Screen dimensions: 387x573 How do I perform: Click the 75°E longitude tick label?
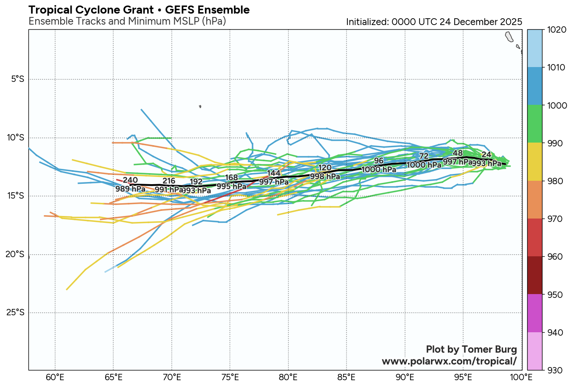(x=230, y=377)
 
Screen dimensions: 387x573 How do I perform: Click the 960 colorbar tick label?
(x=555, y=257)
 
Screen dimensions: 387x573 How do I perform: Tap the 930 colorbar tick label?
(x=555, y=370)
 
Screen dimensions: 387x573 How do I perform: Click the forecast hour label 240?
(x=130, y=180)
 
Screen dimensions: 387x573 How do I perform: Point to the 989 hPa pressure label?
(x=130, y=189)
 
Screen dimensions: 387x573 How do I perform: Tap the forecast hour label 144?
(x=274, y=173)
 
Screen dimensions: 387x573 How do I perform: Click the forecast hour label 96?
(x=379, y=161)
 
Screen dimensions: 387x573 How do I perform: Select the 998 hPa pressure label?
(x=325, y=176)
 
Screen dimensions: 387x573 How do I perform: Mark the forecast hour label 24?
(x=486, y=155)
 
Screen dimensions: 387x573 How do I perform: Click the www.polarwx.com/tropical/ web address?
(x=449, y=361)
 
